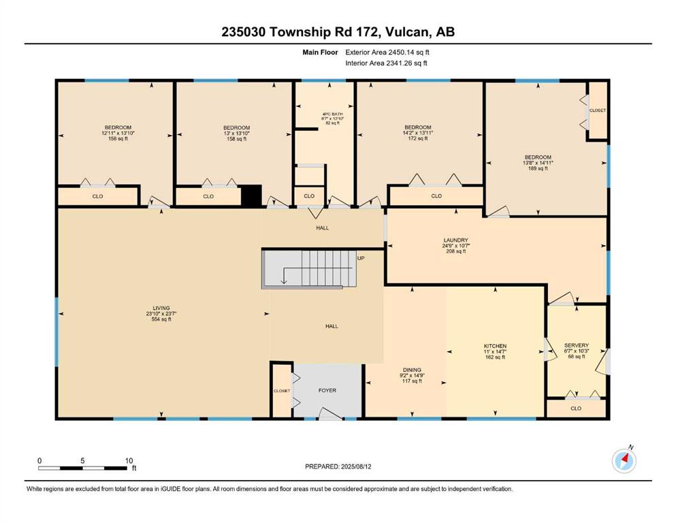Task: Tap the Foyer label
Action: tap(327, 390)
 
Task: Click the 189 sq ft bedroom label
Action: tap(538, 163)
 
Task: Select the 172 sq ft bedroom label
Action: tap(418, 133)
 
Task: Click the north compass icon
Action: tap(624, 460)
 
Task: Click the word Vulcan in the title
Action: tap(407, 32)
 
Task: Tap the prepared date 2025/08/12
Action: tap(356, 466)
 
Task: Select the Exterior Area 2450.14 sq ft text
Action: tap(387, 52)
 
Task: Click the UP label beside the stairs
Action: tap(361, 258)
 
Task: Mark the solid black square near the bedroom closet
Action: tap(251, 195)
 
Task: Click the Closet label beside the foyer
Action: tap(282, 391)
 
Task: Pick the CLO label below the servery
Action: tap(576, 408)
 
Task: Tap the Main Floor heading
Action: tap(320, 52)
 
